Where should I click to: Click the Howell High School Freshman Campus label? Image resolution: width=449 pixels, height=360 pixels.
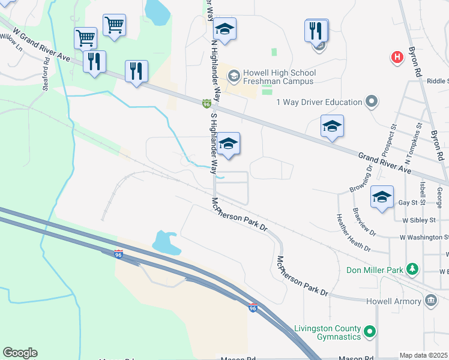(279, 77)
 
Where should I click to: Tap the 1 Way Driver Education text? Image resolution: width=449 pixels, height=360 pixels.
(319, 102)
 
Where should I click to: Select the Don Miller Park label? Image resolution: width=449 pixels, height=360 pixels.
(375, 270)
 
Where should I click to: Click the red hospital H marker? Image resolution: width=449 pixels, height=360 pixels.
(397, 58)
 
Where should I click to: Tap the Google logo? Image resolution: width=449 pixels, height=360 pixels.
(20, 353)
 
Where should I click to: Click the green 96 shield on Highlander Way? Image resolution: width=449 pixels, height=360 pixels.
(206, 104)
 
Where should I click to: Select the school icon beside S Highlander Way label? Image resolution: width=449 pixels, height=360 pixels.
(228, 144)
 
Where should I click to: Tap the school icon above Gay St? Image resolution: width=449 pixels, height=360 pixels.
(382, 197)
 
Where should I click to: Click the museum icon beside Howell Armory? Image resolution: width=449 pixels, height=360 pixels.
(430, 299)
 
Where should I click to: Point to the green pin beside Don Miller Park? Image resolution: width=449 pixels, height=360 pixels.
(412, 269)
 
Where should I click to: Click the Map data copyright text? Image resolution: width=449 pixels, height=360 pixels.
(424, 355)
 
